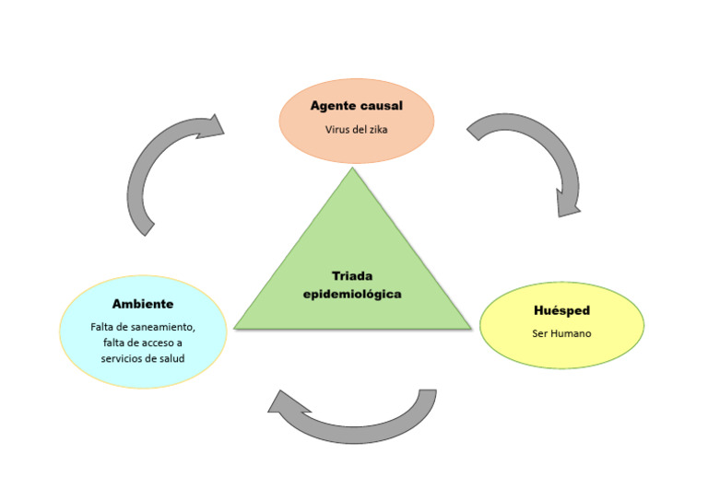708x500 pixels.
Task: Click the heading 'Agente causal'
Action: [x=356, y=106]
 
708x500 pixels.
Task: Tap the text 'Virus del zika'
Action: [x=356, y=130]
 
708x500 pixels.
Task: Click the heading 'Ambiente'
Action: [x=142, y=304]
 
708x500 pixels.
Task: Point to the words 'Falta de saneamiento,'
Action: [x=142, y=327]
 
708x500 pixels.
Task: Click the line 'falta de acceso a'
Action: [x=142, y=343]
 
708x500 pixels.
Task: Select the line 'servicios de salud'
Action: [x=142, y=358]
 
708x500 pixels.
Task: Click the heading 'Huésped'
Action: [x=561, y=310]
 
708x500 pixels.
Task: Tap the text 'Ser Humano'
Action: [x=561, y=333]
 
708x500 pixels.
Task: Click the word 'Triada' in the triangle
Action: [x=352, y=275]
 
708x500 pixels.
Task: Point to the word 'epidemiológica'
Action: [x=352, y=294]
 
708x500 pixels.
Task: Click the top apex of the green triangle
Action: [x=352, y=169]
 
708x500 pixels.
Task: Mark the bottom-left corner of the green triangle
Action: [x=236, y=328]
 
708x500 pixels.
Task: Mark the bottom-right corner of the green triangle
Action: [x=470, y=328]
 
